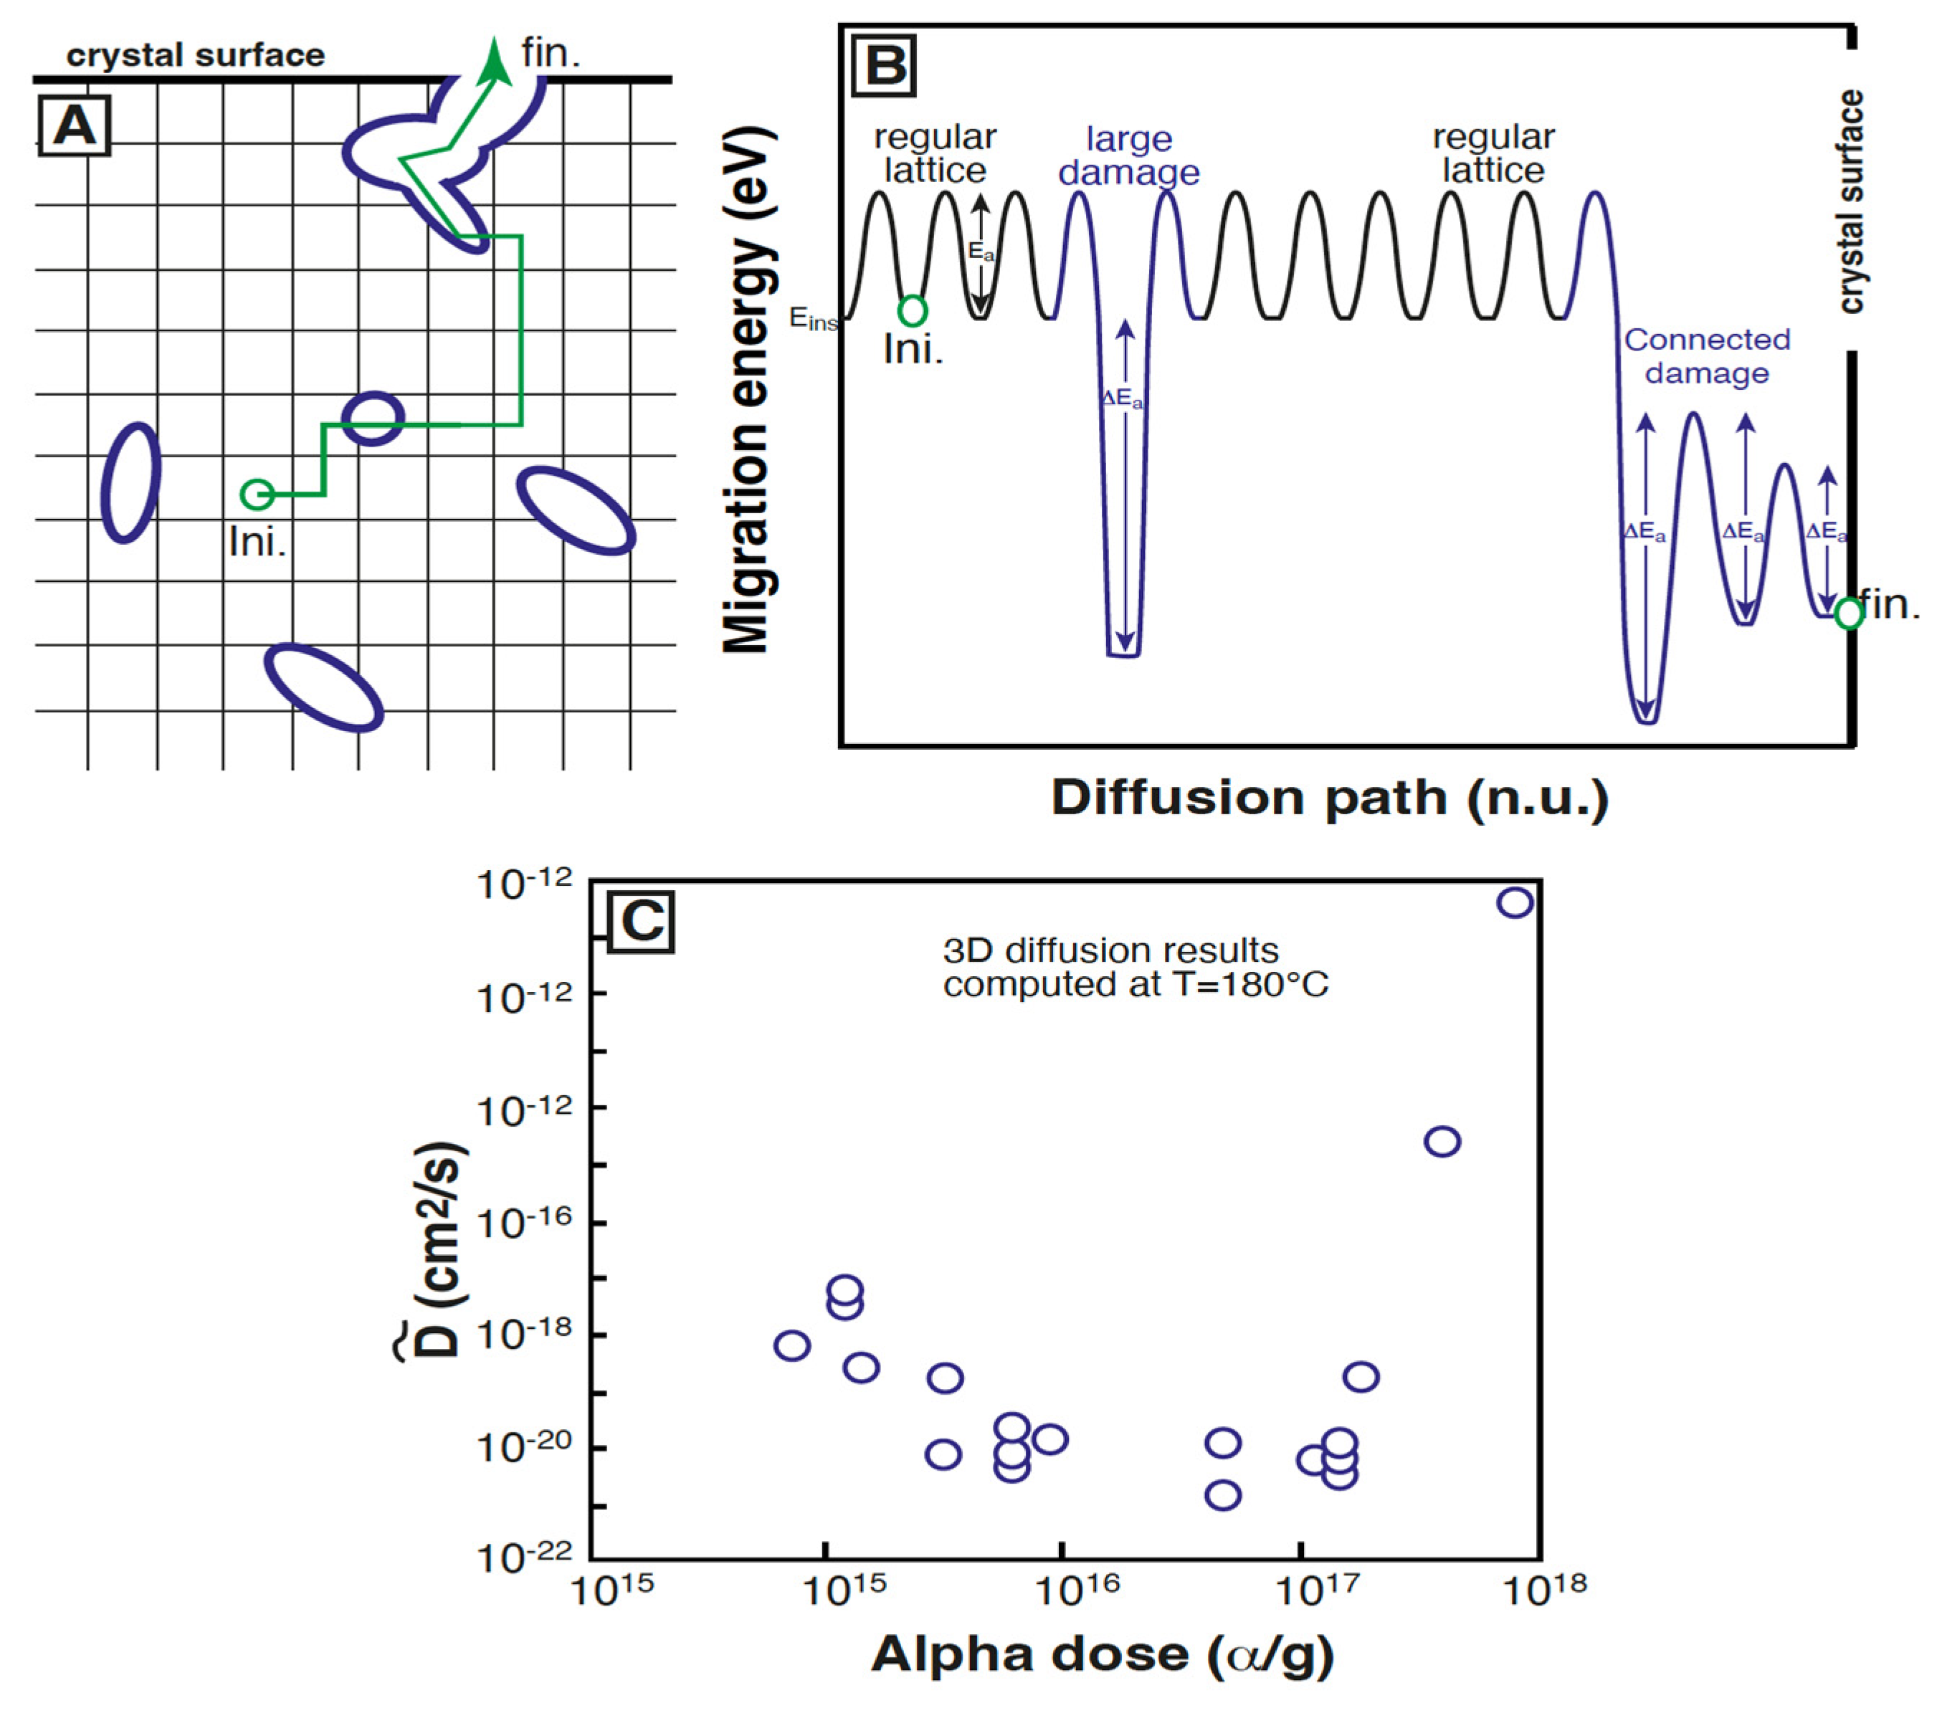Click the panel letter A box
75,125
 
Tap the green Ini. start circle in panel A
256,494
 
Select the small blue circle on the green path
373,418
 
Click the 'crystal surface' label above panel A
195,55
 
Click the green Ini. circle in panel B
912,310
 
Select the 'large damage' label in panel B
1129,156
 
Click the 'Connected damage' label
1707,356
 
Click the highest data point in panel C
1515,902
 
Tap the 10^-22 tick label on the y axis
524,1557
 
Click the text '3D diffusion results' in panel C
1110,950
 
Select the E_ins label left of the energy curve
812,319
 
